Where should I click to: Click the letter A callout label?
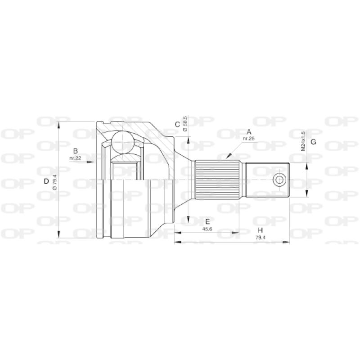(x=249, y=132)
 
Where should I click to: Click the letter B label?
(x=76, y=151)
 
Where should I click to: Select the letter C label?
(x=178, y=124)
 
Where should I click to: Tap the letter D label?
(x=46, y=182)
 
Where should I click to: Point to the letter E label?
(x=207, y=221)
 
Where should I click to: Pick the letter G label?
(x=314, y=142)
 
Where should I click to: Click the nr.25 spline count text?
(x=249, y=139)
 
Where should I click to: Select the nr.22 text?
(x=76, y=158)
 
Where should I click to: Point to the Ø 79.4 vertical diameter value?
(x=54, y=182)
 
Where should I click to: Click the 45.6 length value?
(x=207, y=229)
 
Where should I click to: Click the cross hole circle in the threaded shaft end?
(x=279, y=180)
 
